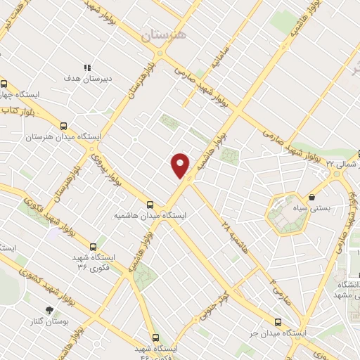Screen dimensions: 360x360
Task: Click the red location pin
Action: pyautogui.click(x=181, y=165)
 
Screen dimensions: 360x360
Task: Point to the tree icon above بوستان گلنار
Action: pyautogui.click(x=49, y=310)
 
